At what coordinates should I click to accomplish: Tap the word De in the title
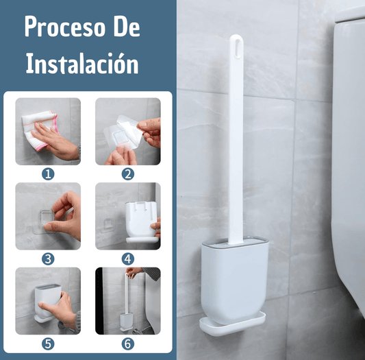pyautogui.click(x=127, y=26)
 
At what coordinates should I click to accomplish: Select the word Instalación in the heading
pyautogui.click(x=82, y=62)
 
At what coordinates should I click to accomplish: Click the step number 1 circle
pyautogui.click(x=48, y=174)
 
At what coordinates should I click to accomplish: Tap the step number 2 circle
pyautogui.click(x=128, y=174)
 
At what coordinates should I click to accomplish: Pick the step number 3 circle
pyautogui.click(x=48, y=259)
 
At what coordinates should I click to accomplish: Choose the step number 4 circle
pyautogui.click(x=128, y=259)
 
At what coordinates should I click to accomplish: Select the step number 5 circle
pyautogui.click(x=48, y=344)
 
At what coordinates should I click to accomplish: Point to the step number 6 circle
pyautogui.click(x=128, y=344)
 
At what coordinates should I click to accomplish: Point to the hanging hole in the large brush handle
pyautogui.click(x=237, y=48)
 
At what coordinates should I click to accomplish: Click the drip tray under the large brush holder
pyautogui.click(x=232, y=324)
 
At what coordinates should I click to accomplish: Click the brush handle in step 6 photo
pyautogui.click(x=127, y=294)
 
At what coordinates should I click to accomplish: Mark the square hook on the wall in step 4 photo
pyautogui.click(x=108, y=224)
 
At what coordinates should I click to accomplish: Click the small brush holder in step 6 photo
pyautogui.click(x=127, y=321)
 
